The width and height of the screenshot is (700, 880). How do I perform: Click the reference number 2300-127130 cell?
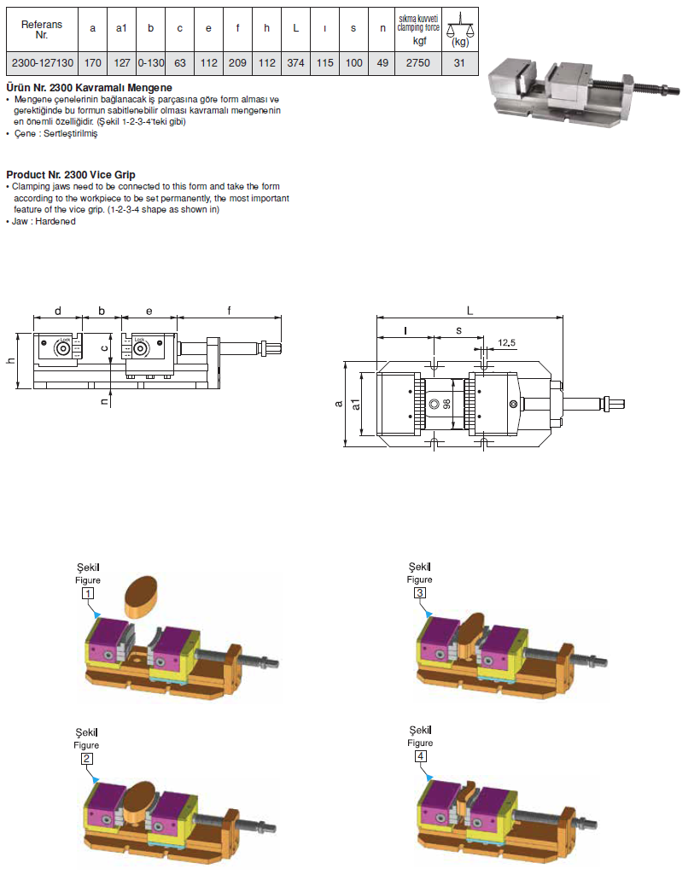click(x=41, y=63)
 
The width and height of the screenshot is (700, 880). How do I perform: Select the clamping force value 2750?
click(x=418, y=63)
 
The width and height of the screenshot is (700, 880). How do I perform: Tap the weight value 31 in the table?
click(x=459, y=63)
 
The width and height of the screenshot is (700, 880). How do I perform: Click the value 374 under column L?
click(x=295, y=63)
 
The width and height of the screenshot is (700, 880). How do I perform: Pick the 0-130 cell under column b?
click(x=150, y=63)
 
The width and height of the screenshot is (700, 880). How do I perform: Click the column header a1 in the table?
click(x=121, y=28)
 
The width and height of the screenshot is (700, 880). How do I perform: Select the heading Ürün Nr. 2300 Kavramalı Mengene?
click(x=89, y=88)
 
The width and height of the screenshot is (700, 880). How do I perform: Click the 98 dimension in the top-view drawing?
click(x=446, y=405)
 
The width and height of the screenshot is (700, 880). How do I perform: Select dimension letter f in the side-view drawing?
click(x=229, y=311)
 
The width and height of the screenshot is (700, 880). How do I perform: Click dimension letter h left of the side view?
click(x=10, y=360)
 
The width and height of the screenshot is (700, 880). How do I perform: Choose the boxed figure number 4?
click(x=420, y=756)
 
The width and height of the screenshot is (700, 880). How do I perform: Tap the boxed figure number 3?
click(x=420, y=592)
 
